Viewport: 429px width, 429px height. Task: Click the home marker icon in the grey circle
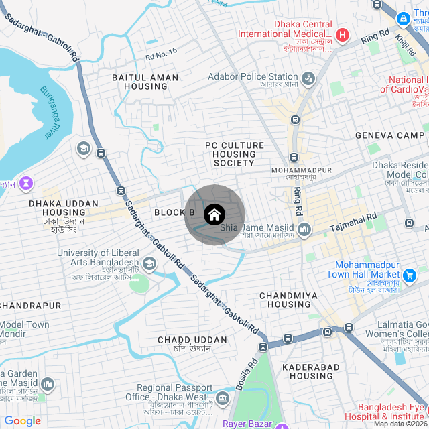click(214, 214)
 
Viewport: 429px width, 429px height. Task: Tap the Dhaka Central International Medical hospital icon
click(343, 34)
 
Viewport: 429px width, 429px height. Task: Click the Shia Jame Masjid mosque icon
click(305, 230)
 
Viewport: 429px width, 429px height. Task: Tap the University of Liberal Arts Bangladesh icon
click(149, 264)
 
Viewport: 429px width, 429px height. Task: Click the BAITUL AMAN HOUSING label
click(145, 82)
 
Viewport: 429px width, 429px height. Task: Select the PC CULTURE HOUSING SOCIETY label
click(234, 154)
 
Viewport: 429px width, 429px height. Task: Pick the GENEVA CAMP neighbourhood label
click(389, 135)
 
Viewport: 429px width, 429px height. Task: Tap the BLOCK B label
click(174, 212)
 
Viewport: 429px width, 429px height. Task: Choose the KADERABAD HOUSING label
click(308, 371)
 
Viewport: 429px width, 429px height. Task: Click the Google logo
click(22, 421)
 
